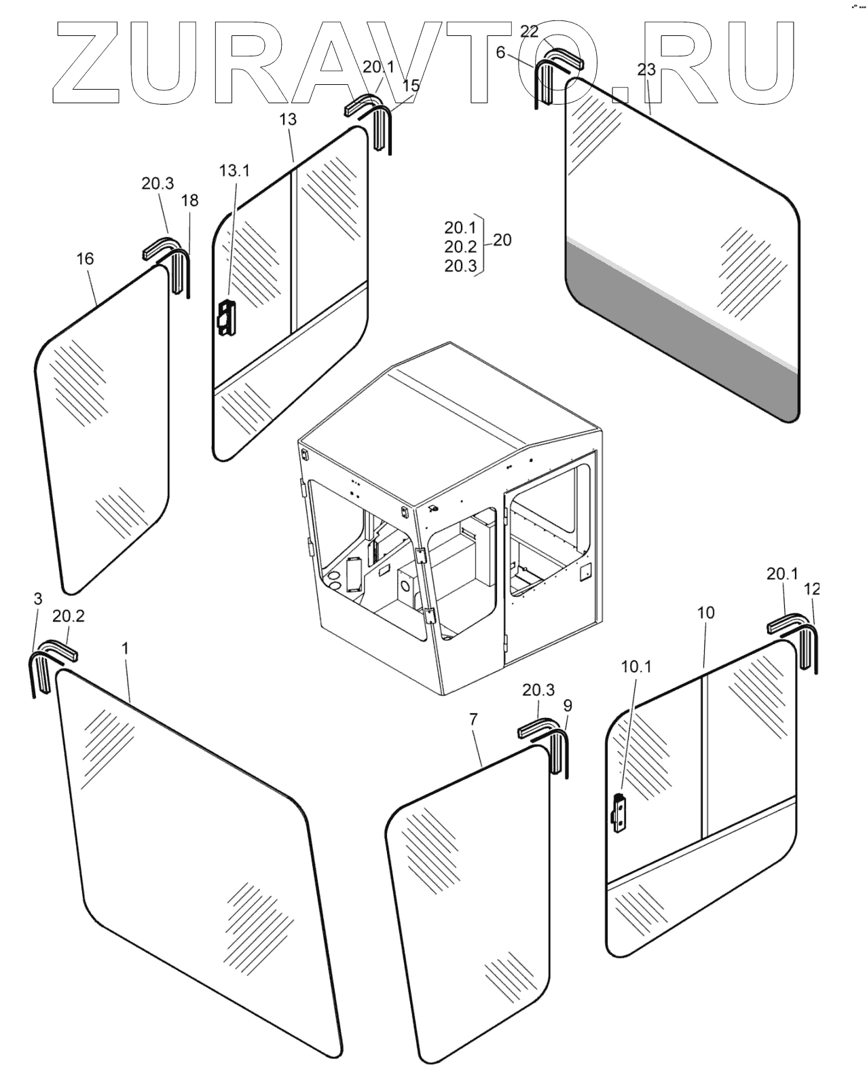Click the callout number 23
point(646,69)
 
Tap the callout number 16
point(85,259)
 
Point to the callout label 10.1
point(635,666)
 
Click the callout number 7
point(473,719)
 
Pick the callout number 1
point(125,648)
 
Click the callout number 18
point(190,200)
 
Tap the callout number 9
point(568,706)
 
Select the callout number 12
point(811,589)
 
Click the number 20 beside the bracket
point(502,240)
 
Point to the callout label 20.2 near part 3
point(69,616)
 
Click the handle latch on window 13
point(224,318)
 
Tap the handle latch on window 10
point(619,812)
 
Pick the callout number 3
point(37,598)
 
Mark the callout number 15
point(411,86)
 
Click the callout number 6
point(500,52)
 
